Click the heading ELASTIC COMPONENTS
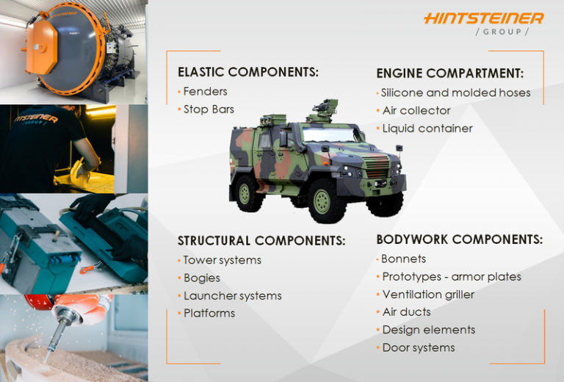pos(247,72)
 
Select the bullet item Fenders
pos(205,91)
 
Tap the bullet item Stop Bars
pos(209,109)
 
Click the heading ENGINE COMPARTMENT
pos(449,73)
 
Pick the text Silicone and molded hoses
pos(455,93)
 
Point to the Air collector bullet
pos(416,110)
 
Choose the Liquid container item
pos(427,129)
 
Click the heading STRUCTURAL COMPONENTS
pos(261,241)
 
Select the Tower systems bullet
pos(222,260)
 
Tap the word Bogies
pos(201,278)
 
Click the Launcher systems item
pos(232,296)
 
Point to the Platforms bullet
pos(209,314)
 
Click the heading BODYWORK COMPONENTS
pos(459,239)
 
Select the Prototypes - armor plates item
pos(452,277)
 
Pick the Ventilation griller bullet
pos(428,295)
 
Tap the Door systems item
pos(419,347)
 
